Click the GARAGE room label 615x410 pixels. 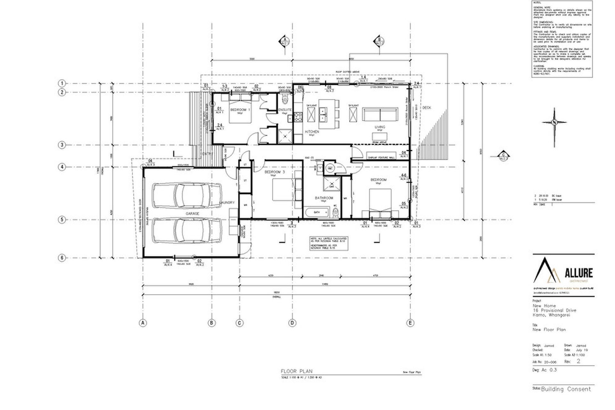193,214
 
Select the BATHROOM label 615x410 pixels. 324,198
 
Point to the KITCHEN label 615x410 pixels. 312,132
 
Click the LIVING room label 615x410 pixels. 380,127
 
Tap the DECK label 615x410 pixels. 426,108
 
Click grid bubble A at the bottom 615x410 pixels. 143,323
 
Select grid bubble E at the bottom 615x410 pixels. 410,323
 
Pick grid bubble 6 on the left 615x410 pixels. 62,258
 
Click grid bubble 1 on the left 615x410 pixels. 62,83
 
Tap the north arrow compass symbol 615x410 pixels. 554,122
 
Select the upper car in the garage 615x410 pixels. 187,196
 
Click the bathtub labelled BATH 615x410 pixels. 317,212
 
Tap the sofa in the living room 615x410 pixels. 380,114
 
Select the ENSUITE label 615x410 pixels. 285,110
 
